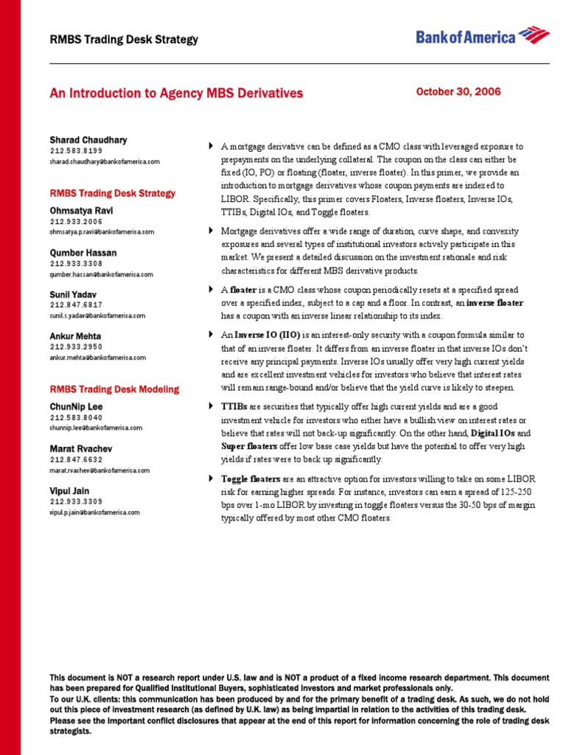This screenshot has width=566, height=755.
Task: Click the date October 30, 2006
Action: click(x=458, y=92)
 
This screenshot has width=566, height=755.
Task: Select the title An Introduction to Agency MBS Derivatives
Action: click(x=176, y=94)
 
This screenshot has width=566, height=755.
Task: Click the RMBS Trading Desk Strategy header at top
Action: click(x=124, y=39)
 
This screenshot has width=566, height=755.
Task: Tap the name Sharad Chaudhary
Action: click(x=88, y=140)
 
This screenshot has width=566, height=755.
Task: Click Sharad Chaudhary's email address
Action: click(x=105, y=161)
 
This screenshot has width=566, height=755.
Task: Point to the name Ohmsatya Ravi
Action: click(x=82, y=210)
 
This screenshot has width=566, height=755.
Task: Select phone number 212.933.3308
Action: click(x=76, y=263)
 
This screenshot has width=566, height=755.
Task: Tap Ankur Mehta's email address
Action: click(x=97, y=358)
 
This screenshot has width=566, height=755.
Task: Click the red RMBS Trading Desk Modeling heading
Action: click(x=113, y=389)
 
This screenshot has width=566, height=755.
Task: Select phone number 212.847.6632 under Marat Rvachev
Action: click(x=76, y=459)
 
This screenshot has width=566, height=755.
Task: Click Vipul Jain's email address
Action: click(x=94, y=512)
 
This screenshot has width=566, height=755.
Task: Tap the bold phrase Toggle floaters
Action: click(x=251, y=479)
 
